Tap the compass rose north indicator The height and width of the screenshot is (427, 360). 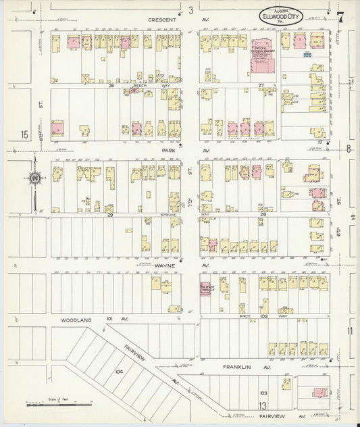tap(34, 178)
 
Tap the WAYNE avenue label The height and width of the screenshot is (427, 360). tap(165, 266)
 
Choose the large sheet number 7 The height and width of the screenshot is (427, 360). tap(341, 16)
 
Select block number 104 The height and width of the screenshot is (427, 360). tap(119, 372)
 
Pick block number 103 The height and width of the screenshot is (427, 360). tap(263, 392)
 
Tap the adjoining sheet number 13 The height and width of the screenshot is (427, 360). tap(261, 405)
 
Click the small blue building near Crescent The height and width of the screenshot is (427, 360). tap(307, 55)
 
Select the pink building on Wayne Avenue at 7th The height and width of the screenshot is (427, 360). tap(205, 288)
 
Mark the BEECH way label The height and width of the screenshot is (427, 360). tap(140, 86)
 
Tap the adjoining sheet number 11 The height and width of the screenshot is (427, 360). tap(349, 330)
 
